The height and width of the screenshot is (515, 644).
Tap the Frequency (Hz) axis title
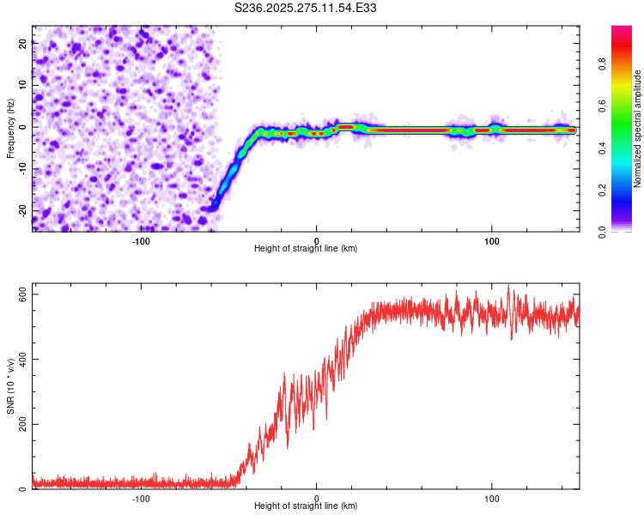(x=10, y=130)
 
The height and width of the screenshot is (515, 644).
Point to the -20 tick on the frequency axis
(x=22, y=209)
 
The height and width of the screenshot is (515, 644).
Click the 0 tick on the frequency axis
(x=22, y=126)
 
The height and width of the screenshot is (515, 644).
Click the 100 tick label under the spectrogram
(x=492, y=240)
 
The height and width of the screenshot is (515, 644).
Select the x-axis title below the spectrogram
(x=306, y=249)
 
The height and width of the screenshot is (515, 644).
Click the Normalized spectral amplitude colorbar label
(x=638, y=129)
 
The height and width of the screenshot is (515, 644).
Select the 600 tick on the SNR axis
(x=22, y=294)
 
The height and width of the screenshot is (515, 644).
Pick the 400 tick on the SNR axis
(x=22, y=359)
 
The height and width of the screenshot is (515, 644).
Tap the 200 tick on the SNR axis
(x=22, y=424)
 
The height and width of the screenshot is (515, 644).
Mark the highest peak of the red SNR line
(x=509, y=286)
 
